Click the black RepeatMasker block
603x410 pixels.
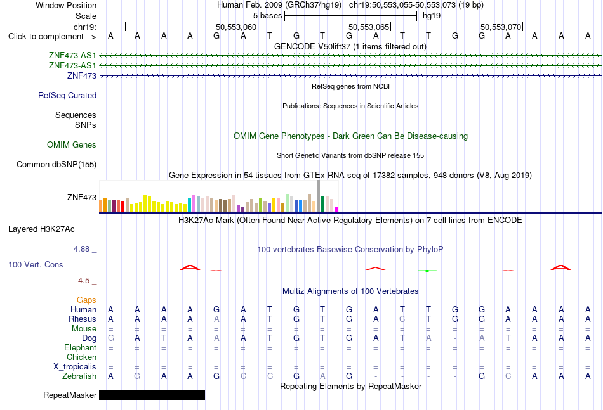[152, 395]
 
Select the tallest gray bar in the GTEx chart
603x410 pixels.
[319, 196]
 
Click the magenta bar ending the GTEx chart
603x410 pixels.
[336, 209]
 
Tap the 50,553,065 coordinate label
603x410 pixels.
[369, 27]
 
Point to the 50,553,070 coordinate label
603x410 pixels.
[501, 27]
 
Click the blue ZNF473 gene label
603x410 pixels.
[82, 75]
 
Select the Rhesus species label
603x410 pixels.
[83, 319]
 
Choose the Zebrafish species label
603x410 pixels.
[79, 376]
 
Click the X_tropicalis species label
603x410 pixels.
[75, 367]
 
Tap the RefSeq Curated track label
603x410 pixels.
[67, 95]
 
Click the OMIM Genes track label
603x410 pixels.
[72, 144]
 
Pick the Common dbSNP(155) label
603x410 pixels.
[56, 164]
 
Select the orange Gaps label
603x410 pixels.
[86, 300]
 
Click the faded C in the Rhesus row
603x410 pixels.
[402, 319]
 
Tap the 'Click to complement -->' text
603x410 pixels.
[52, 37]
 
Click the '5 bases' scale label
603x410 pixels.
[268, 16]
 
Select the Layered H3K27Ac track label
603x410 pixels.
[41, 229]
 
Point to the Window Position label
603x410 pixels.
[66, 5]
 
